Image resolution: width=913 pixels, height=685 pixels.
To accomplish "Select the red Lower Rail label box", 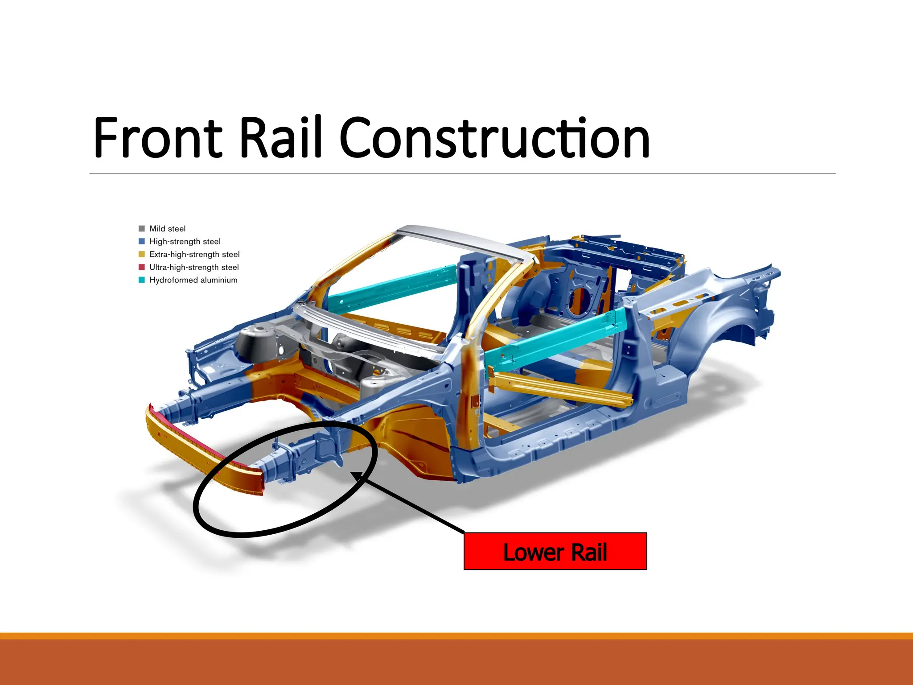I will click(x=555, y=551).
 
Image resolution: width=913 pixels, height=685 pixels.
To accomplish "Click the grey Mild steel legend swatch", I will click(x=142, y=229).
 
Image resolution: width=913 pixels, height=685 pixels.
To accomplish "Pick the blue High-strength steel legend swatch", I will click(x=142, y=241).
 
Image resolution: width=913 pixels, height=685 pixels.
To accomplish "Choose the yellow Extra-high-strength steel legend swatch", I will click(x=142, y=254).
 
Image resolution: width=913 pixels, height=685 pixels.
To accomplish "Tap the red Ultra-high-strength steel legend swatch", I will click(x=142, y=267).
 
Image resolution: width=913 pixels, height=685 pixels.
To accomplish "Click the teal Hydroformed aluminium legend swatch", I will click(x=142, y=280).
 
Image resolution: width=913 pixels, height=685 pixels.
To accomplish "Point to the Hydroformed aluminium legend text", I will click(x=193, y=280).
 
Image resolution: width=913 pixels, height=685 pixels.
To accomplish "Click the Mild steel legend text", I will click(x=167, y=229).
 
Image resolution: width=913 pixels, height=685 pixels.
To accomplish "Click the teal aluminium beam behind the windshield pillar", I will click(x=392, y=285).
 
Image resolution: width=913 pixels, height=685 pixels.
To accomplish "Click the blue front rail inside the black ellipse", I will click(x=303, y=455).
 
